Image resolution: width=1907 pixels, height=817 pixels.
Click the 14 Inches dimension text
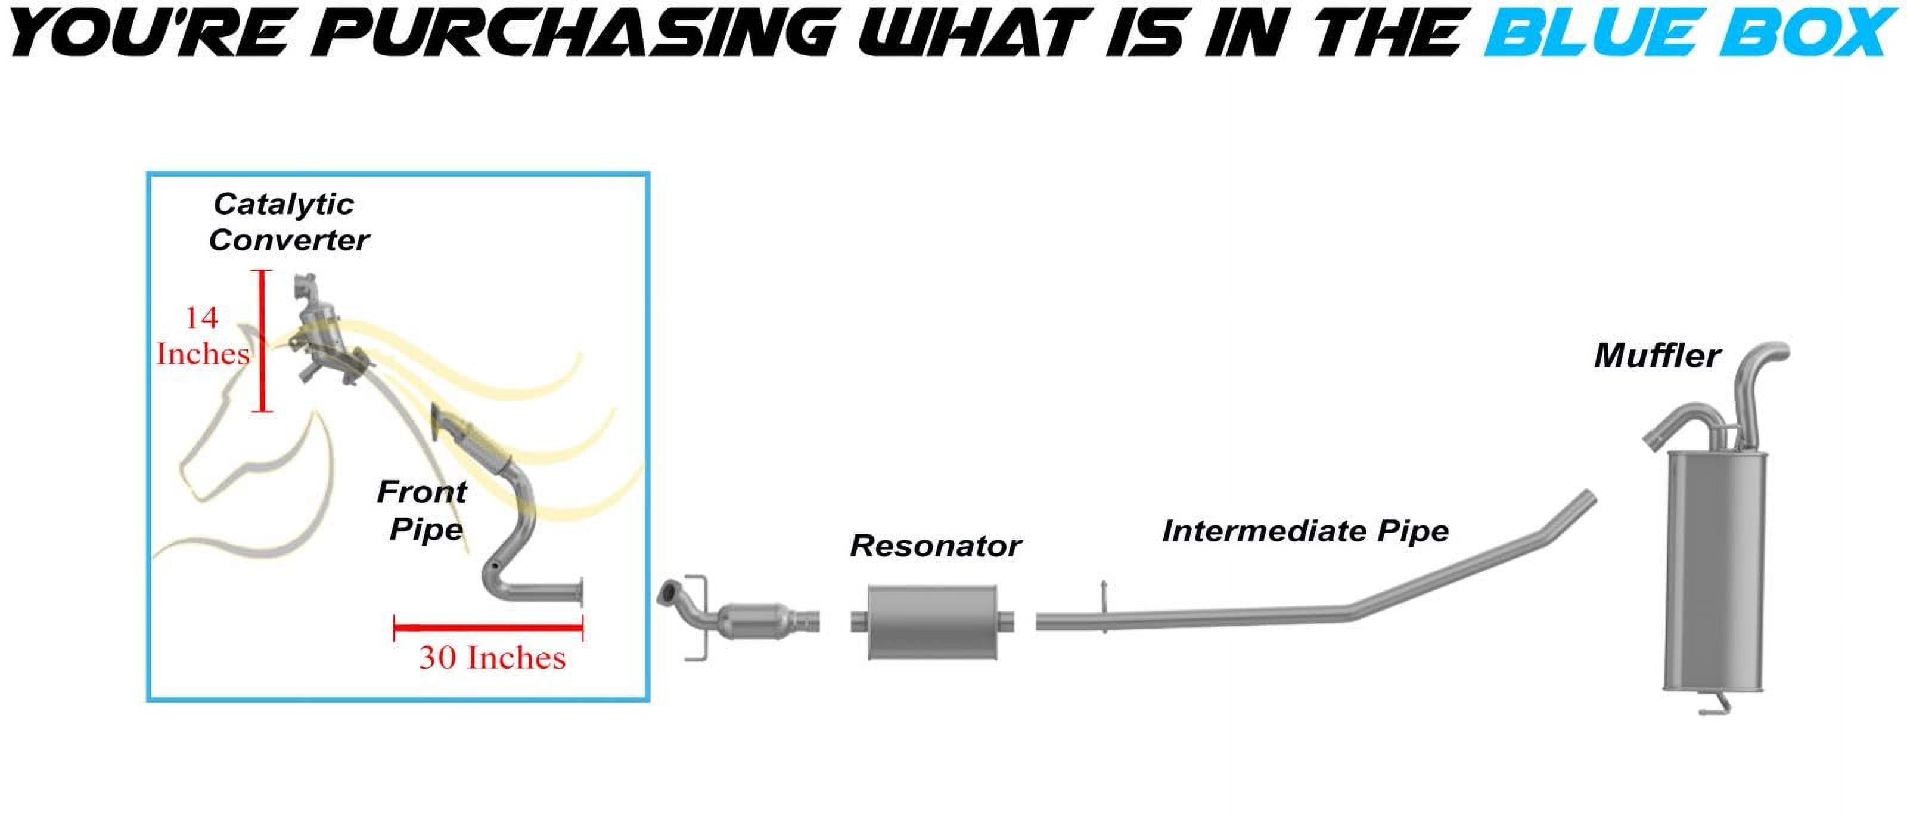(202, 336)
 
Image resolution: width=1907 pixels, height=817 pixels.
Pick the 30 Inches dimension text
(492, 657)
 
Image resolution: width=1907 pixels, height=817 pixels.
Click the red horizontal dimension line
(489, 628)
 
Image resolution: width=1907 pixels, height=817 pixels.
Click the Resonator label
(936, 546)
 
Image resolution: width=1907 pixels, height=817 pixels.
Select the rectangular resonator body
(933, 621)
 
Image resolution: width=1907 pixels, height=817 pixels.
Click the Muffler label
(1657, 355)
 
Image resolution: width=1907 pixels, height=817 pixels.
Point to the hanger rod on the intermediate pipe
(1104, 606)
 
